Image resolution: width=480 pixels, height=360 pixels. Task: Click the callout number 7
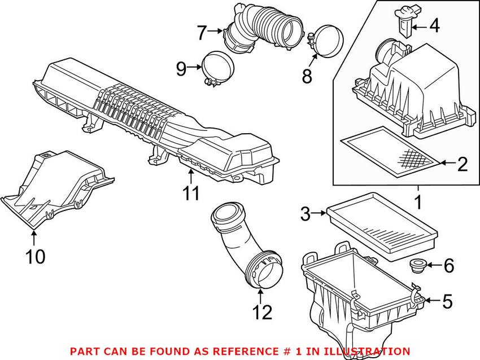tap(202, 33)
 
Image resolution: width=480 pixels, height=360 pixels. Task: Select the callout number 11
tap(191, 194)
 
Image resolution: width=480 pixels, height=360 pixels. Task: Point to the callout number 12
tap(262, 311)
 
